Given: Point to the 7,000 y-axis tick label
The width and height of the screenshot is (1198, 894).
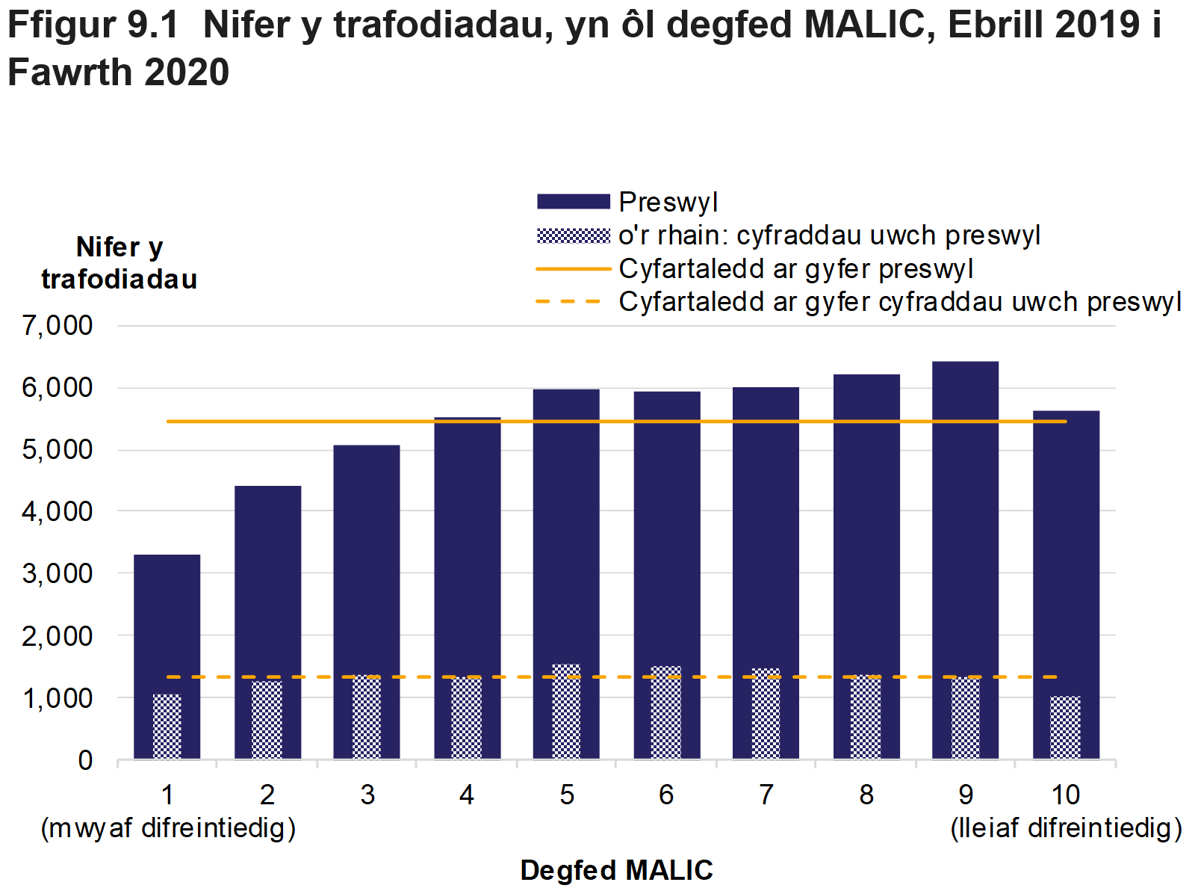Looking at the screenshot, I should point(58,326).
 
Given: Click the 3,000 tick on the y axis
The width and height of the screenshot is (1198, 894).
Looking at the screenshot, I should point(58,574).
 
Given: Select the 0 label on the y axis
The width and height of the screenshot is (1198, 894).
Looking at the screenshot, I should point(85,761).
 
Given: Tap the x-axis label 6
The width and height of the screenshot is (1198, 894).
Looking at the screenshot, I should point(666,795).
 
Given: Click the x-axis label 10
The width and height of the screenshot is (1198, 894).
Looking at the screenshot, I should point(1065,795).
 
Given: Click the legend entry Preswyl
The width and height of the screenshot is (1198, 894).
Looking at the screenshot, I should point(668,202).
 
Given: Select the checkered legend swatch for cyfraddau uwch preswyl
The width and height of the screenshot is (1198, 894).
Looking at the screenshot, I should point(573,236).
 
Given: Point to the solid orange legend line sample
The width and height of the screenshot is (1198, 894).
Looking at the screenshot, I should point(573,269).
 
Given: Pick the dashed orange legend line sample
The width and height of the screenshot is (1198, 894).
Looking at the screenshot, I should point(569,302).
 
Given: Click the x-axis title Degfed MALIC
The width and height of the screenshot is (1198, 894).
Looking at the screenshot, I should point(616,871).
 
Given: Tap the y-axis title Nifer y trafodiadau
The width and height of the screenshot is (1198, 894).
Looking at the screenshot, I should point(120,263).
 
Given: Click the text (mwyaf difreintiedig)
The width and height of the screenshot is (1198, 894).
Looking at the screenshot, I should point(168,828).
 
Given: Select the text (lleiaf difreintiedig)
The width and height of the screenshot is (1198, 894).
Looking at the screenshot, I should point(1066,828).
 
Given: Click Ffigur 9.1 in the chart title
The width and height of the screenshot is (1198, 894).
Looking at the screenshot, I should point(93,25).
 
